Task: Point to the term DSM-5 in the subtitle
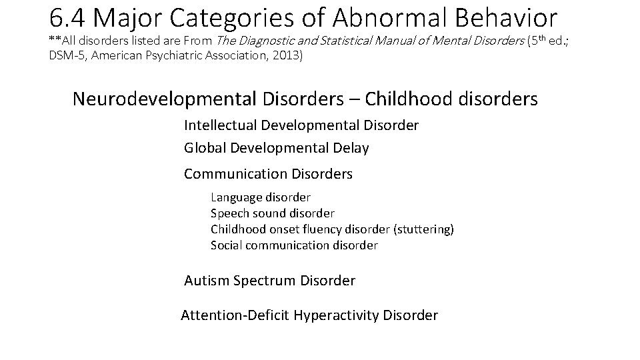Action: (x=68, y=56)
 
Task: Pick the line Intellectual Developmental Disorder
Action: (x=301, y=125)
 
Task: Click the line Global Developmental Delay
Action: (x=276, y=148)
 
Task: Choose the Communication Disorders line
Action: (x=268, y=174)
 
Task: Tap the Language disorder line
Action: (x=261, y=197)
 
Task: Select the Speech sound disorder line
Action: (x=273, y=213)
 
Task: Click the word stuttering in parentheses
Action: (x=424, y=229)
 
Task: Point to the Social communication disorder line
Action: (x=294, y=245)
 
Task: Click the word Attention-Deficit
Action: (x=235, y=315)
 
